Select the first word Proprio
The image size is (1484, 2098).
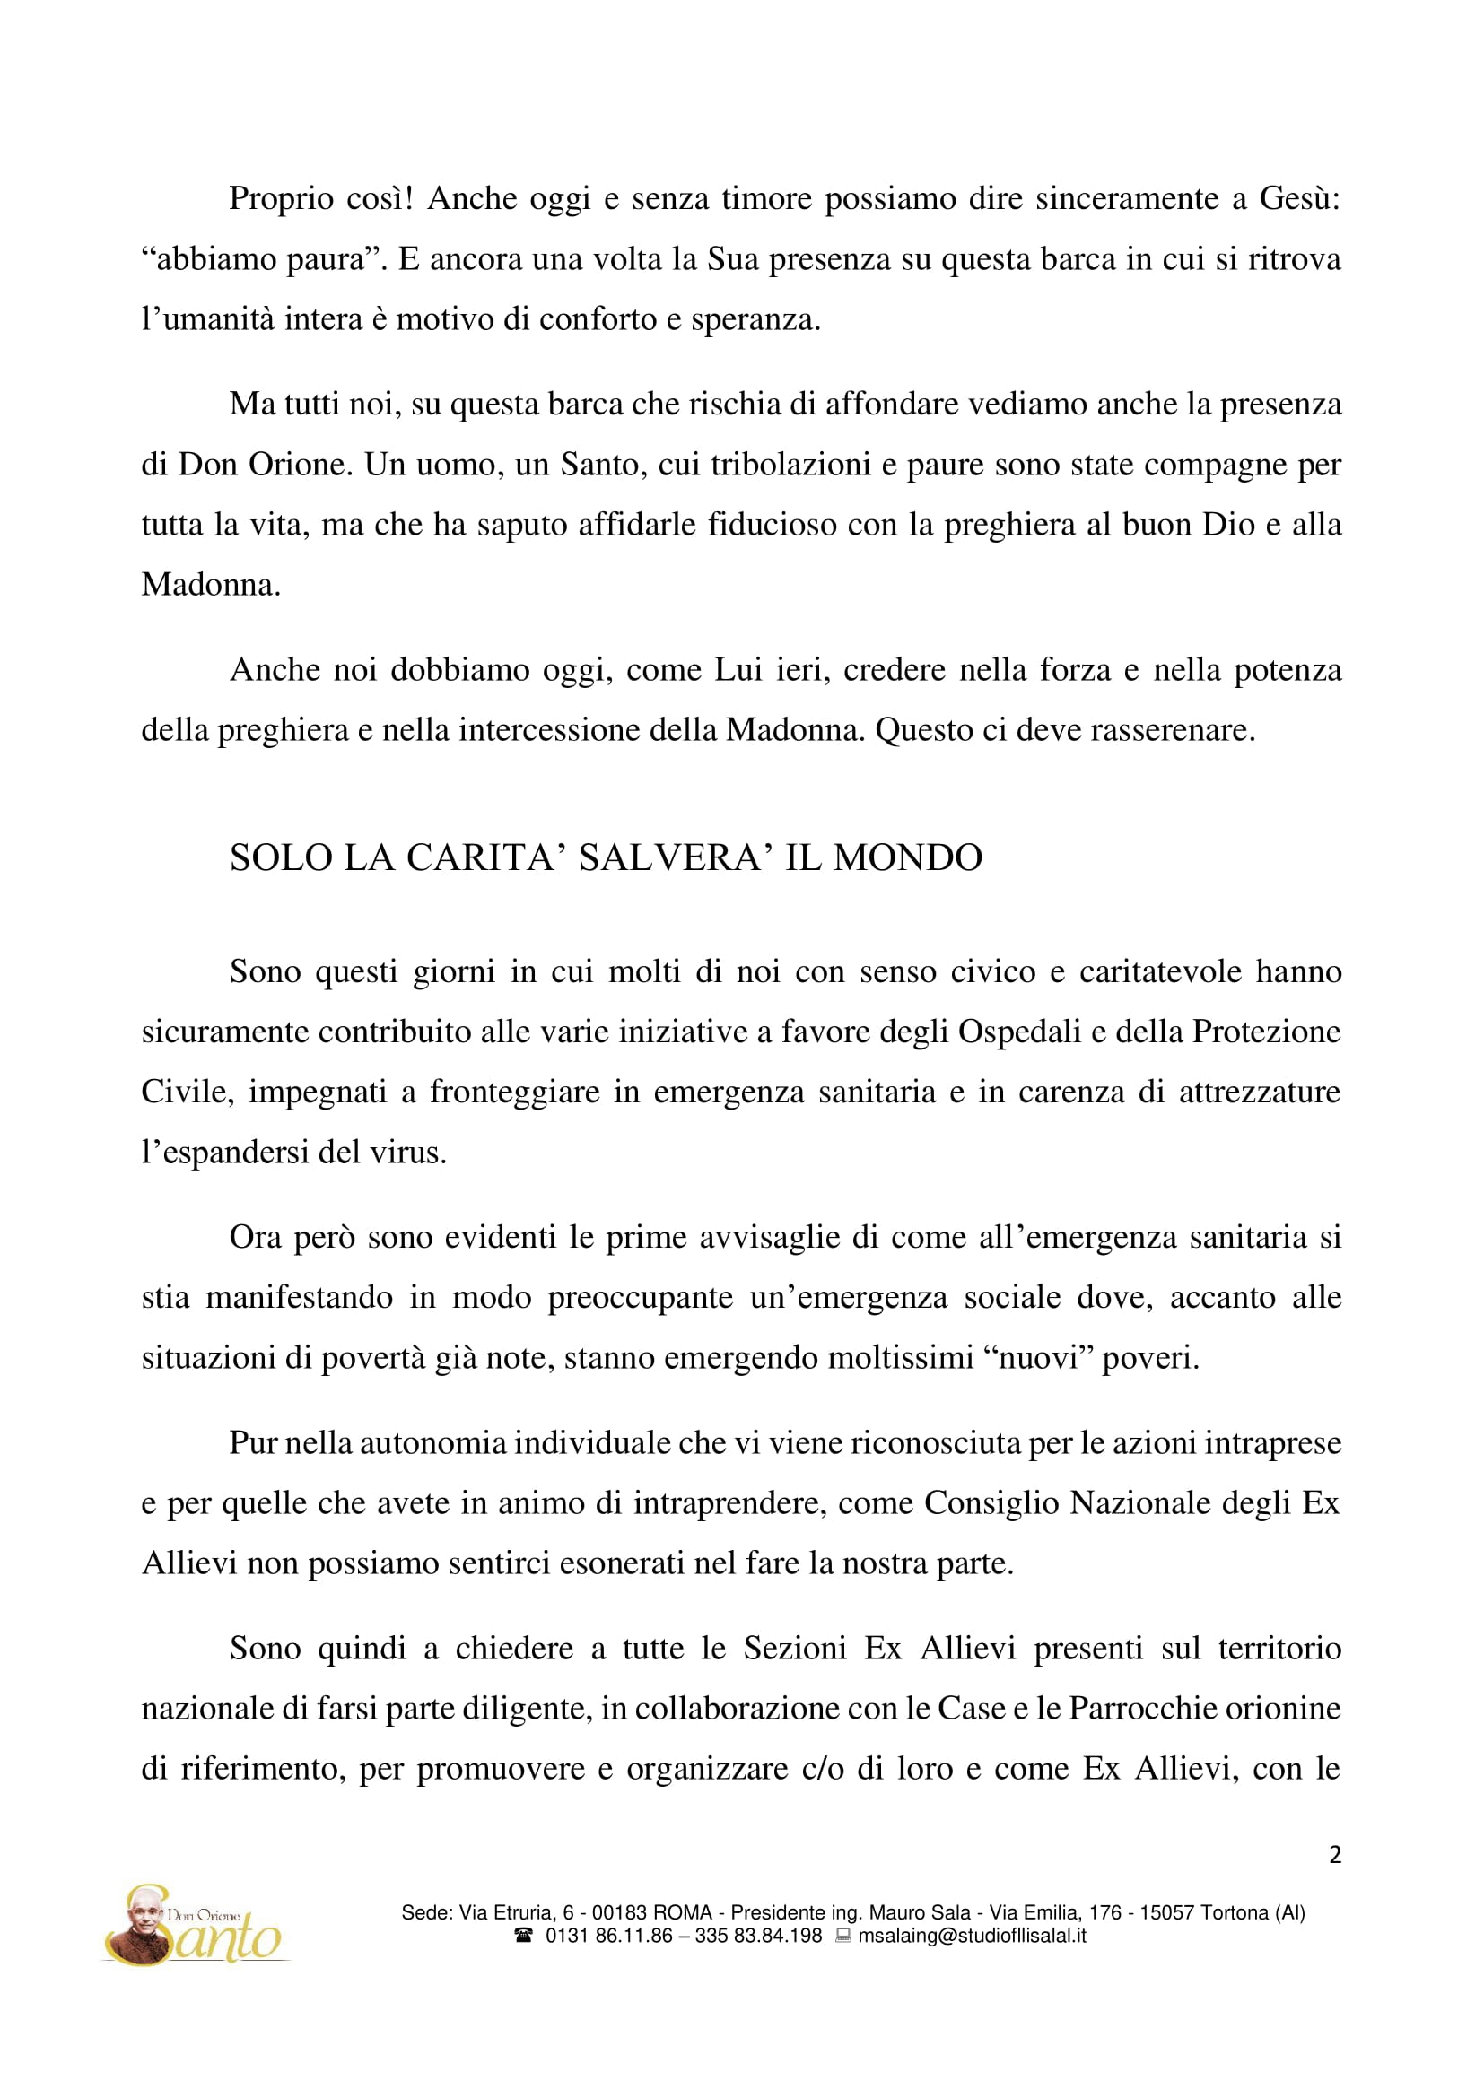[276, 199]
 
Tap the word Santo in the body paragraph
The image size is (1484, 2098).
[598, 466]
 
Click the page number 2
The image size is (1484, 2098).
[1334, 1854]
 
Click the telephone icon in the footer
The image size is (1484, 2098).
[524, 1936]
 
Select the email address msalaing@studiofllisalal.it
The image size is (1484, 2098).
[972, 1936]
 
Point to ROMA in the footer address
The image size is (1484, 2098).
[683, 1912]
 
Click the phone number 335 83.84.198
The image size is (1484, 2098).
[758, 1936]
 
